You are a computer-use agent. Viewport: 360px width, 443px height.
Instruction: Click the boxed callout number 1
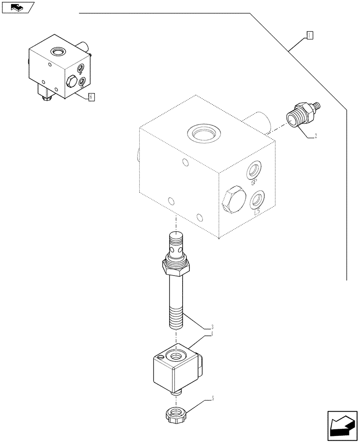[x=310, y=35]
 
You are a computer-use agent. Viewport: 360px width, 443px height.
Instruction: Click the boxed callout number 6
[x=91, y=97]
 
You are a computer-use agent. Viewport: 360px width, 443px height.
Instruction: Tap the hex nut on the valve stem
[x=176, y=266]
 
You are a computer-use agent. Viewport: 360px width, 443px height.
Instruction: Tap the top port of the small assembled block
[x=58, y=52]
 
